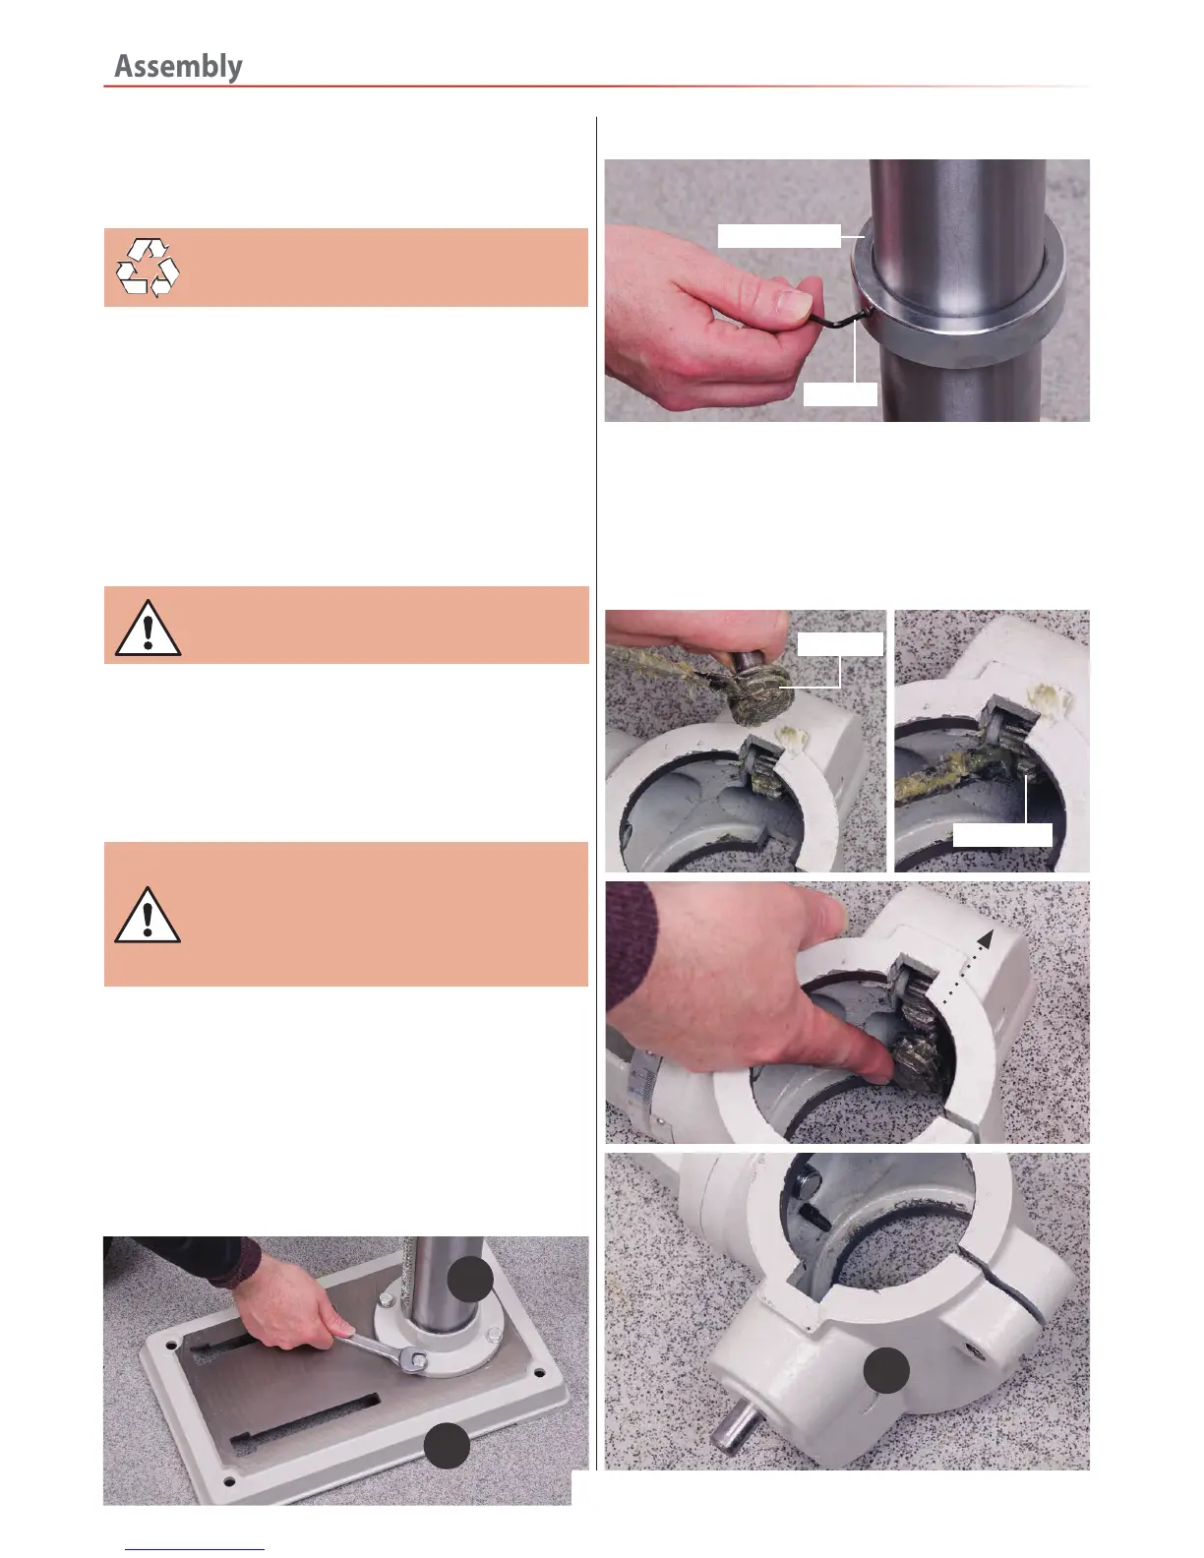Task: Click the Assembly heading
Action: tap(178, 67)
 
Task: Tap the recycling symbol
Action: tap(148, 268)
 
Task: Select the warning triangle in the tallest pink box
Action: tap(148, 915)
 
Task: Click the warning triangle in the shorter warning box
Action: tap(148, 629)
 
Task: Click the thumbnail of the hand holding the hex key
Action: tap(847, 290)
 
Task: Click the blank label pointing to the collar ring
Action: tap(779, 236)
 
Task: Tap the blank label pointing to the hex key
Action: tap(840, 394)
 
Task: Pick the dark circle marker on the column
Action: tap(470, 1279)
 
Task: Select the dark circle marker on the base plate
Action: tap(447, 1446)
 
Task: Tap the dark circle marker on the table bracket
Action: tap(886, 1370)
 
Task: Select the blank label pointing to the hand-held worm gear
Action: tap(840, 644)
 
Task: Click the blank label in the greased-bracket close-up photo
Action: tap(1001, 834)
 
